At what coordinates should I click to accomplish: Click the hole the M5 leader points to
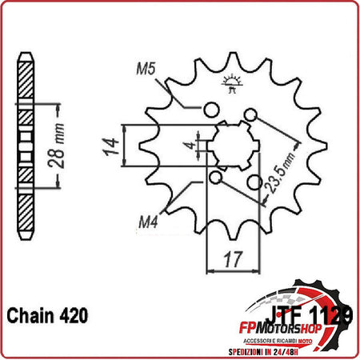point(213,110)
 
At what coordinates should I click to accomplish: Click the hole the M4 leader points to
point(215,178)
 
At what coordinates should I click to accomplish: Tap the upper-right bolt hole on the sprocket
point(251,118)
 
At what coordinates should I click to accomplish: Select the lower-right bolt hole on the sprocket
point(254,183)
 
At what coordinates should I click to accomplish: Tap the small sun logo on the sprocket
point(234,83)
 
